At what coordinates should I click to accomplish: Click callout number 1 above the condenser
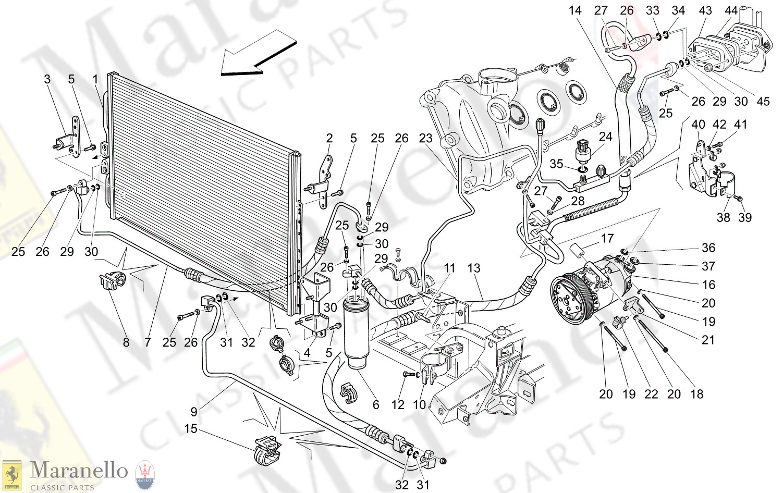coord(95,79)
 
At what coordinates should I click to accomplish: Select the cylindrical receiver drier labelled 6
coord(357,334)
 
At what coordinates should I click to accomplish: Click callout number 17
coord(607,239)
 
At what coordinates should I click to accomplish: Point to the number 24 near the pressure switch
coord(605,137)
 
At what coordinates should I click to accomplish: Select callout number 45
coord(763,101)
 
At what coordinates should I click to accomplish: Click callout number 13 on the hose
coord(473,268)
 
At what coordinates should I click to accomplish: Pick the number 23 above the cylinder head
coord(425,139)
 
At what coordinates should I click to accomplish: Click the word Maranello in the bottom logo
coord(79,471)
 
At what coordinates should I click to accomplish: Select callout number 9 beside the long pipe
coord(194,412)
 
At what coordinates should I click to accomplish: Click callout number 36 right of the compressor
coord(708,248)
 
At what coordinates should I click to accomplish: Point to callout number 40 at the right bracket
coord(698,125)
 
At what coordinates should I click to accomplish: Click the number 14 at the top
coord(575,10)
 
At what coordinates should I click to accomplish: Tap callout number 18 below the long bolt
coord(697,394)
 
